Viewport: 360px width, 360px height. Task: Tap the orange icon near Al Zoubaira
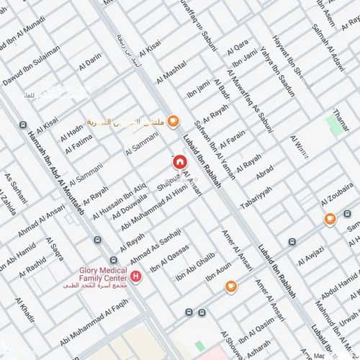(329, 219)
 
